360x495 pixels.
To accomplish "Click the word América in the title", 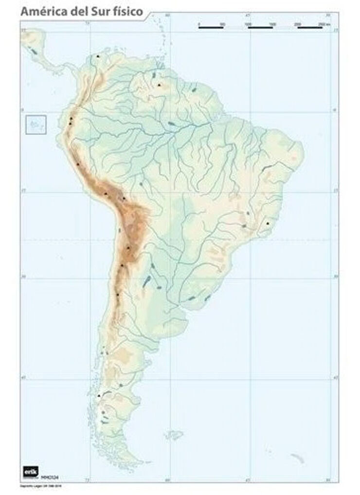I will pos(43,11).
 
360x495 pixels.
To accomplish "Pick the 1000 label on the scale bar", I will pos(248,23).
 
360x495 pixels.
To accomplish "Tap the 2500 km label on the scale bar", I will pos(323,23).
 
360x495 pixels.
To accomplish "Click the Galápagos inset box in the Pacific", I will pos(36,125).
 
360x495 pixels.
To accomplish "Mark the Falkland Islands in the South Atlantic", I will pos(173,434).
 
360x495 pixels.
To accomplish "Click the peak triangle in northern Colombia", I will pos(99,56).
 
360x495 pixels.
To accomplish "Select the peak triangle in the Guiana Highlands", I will pos(159,85).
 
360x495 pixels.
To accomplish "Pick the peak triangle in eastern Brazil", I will pos(268,223).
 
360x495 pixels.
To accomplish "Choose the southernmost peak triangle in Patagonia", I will pos(99,396).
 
